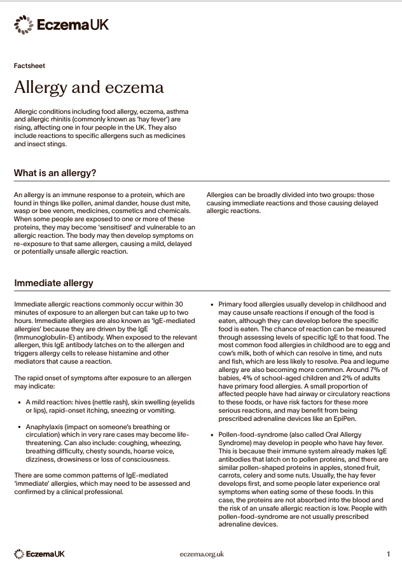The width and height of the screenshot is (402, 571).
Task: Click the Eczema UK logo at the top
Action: click(61, 25)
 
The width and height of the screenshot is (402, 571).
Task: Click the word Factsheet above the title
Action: click(29, 65)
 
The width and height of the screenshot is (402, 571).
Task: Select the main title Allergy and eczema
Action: click(88, 86)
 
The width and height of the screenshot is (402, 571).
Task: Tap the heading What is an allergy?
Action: click(55, 172)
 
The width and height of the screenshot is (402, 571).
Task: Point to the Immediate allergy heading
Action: click(53, 282)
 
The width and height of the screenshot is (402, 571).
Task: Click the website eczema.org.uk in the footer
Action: click(202, 554)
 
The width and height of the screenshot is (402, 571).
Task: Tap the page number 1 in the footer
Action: click(388, 554)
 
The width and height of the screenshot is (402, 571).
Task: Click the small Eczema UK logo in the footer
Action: click(39, 554)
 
